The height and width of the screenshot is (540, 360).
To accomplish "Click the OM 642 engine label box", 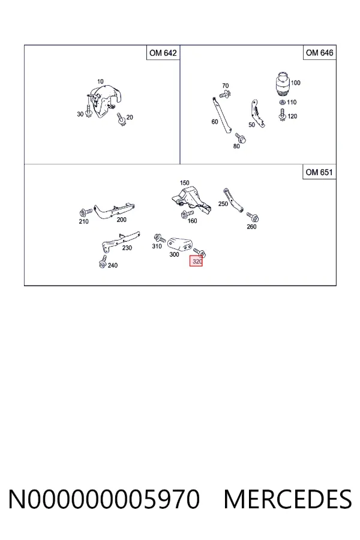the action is (163, 53).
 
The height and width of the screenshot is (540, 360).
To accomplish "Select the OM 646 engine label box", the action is (319, 53).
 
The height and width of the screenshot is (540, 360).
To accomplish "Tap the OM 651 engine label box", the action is (319, 172).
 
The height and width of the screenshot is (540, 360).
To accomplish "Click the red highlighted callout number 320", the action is (196, 262).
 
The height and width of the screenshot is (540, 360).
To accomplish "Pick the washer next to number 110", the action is (282, 102).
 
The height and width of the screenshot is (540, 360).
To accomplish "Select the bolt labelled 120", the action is (283, 115).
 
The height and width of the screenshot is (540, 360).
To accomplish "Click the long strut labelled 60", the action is (221, 116).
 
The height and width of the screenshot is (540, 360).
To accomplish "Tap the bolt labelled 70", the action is (225, 94).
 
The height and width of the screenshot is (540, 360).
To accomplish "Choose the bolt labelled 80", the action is (240, 138).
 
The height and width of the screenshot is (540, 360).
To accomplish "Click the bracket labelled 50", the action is (257, 113).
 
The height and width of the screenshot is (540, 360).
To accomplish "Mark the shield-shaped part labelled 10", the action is (105, 101).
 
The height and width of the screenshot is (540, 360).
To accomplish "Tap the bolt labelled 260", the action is (253, 217).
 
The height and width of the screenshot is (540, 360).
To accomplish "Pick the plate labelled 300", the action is (179, 244).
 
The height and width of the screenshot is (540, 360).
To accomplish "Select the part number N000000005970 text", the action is (104, 499).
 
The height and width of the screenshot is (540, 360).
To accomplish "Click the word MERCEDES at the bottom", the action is (287, 499).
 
